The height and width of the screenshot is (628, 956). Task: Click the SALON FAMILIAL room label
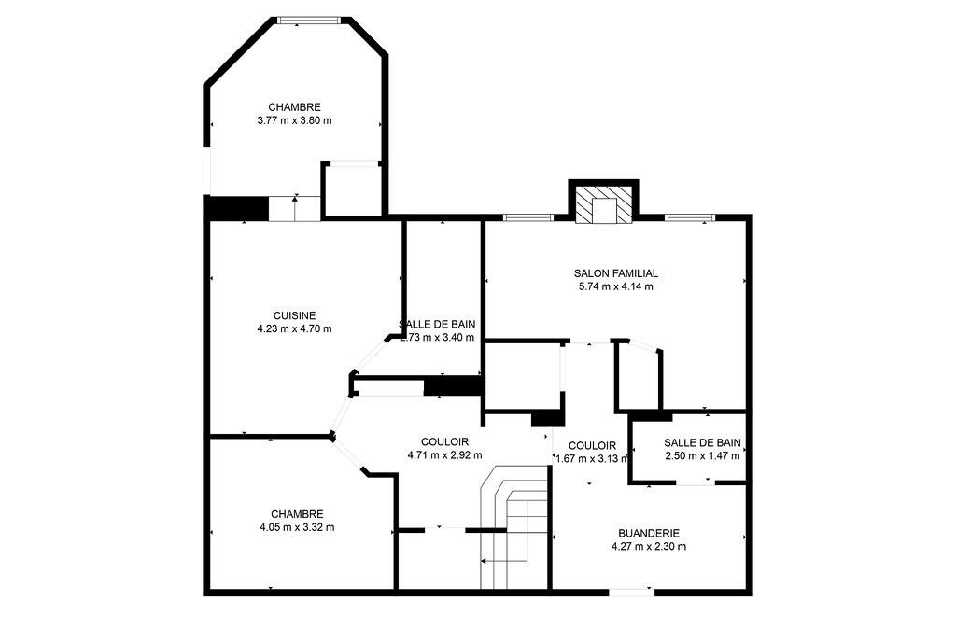click(615, 273)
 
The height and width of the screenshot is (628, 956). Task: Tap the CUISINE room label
click(294, 315)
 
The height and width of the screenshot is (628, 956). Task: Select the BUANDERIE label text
click(648, 533)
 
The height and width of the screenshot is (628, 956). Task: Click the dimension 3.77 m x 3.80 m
click(294, 120)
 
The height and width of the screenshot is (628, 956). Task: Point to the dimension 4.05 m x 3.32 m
click(297, 527)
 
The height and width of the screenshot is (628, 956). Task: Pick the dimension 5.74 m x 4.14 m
click(615, 286)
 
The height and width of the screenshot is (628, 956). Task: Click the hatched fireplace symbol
click(603, 206)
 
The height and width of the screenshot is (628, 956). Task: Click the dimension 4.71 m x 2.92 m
click(444, 455)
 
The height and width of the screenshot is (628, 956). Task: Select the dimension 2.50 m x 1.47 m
click(701, 456)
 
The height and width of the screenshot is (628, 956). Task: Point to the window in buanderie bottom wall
click(631, 591)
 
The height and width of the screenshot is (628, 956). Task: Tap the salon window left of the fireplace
click(527, 218)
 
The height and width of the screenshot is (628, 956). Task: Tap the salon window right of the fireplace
click(691, 218)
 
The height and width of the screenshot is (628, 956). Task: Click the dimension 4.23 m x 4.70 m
click(294, 328)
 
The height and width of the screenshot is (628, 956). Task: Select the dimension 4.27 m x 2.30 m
click(648, 546)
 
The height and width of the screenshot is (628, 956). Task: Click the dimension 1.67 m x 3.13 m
click(592, 458)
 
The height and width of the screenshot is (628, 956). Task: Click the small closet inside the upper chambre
click(352, 190)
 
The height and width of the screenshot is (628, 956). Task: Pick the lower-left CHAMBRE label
click(297, 514)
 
